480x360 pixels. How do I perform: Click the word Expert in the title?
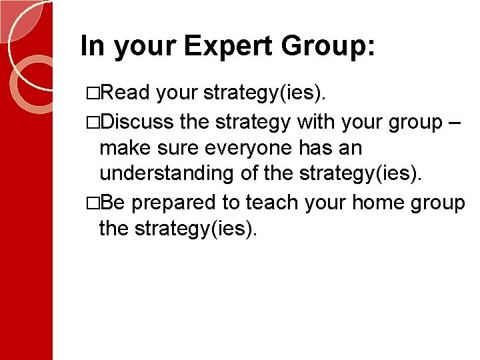228,47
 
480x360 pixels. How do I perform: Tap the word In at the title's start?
93,47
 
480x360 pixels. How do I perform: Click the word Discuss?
138,122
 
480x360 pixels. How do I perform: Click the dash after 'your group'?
457,122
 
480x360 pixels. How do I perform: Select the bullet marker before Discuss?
92,123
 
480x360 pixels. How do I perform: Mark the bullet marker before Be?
92,203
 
